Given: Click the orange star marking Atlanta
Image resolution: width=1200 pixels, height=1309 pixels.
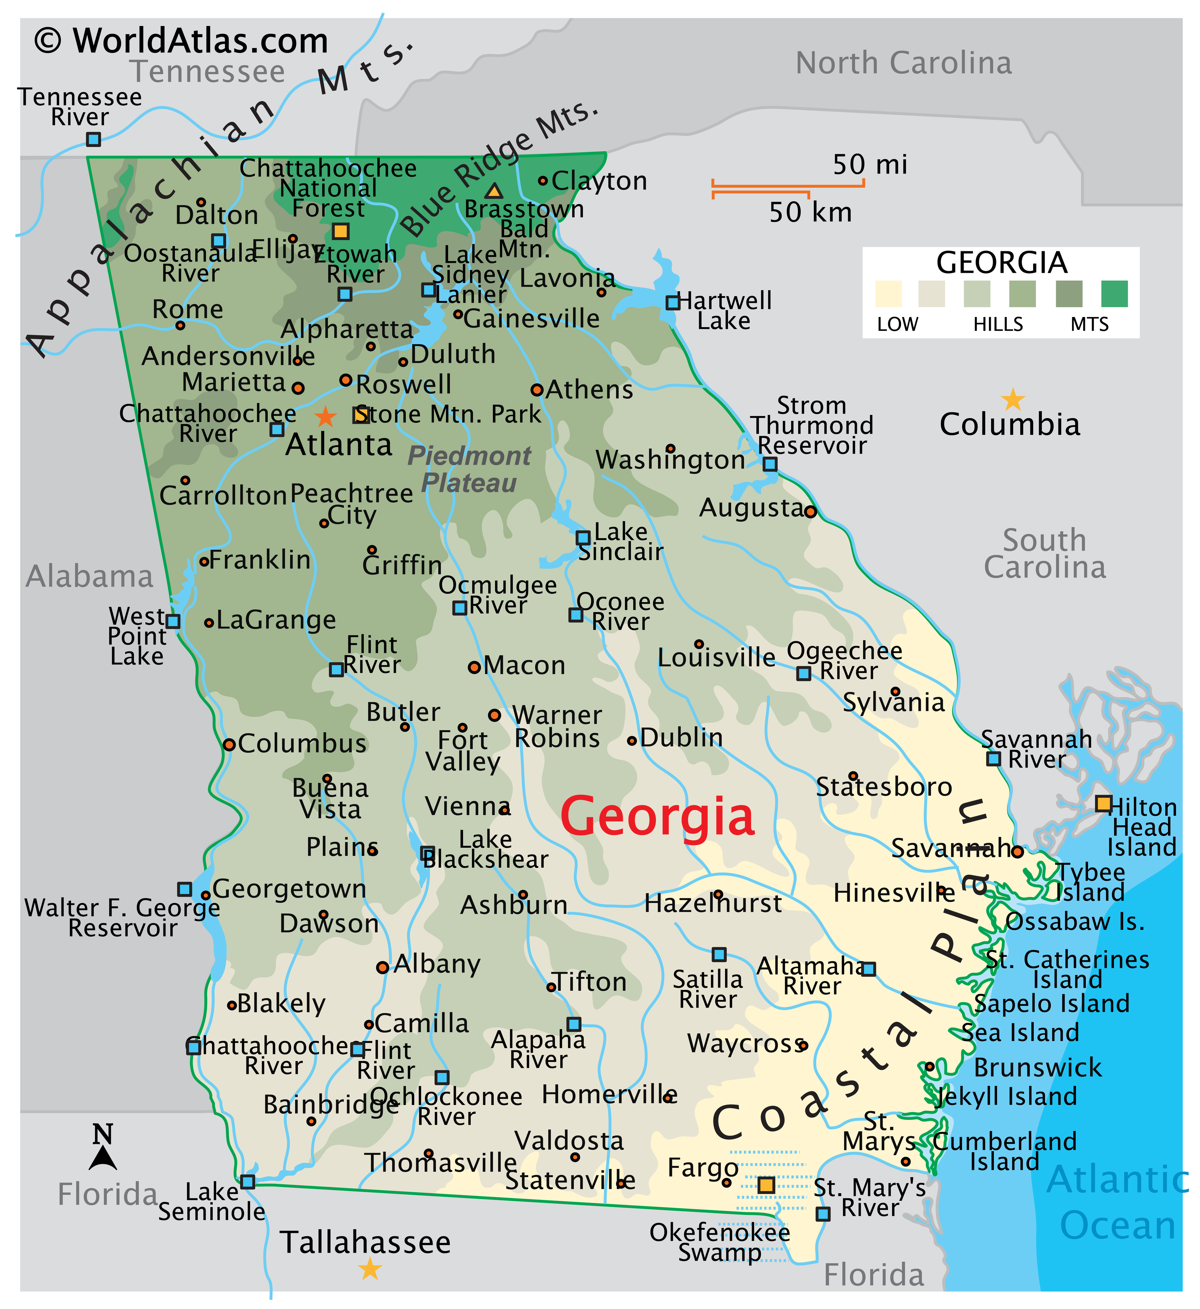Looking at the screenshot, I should click(x=325, y=416).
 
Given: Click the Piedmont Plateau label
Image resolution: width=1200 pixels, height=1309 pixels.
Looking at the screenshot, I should click(x=469, y=469).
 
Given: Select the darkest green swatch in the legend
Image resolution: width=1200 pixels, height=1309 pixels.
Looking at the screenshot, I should click(x=1114, y=293).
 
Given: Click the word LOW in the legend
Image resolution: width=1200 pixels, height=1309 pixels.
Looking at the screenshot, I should click(x=898, y=324).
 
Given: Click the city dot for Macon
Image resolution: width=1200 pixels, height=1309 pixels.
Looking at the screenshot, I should click(x=475, y=667).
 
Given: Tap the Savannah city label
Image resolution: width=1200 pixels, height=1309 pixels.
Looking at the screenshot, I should click(x=951, y=848).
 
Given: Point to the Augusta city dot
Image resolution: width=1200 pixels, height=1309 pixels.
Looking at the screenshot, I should click(x=810, y=512).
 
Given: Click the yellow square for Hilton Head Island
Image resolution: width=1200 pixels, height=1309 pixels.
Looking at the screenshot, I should click(x=1103, y=803).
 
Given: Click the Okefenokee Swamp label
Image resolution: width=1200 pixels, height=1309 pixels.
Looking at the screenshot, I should click(x=720, y=1242).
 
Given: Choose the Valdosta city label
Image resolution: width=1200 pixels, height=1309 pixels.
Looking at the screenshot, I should click(x=569, y=1140).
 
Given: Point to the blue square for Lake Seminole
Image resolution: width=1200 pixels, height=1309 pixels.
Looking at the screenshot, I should click(x=248, y=1181).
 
